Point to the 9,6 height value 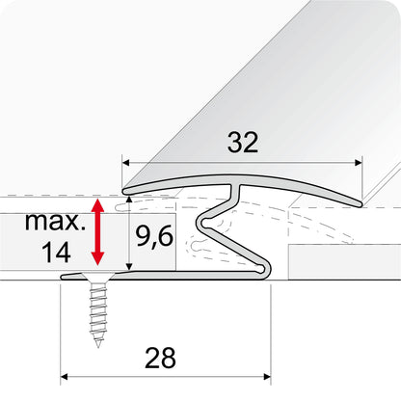pyautogui.click(x=155, y=234)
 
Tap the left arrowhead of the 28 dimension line pyautogui.click(x=64, y=375)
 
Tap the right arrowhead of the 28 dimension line pyautogui.click(x=272, y=375)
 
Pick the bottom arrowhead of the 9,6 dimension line pyautogui.click(x=128, y=270)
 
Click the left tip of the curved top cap pyautogui.click(x=122, y=190)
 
